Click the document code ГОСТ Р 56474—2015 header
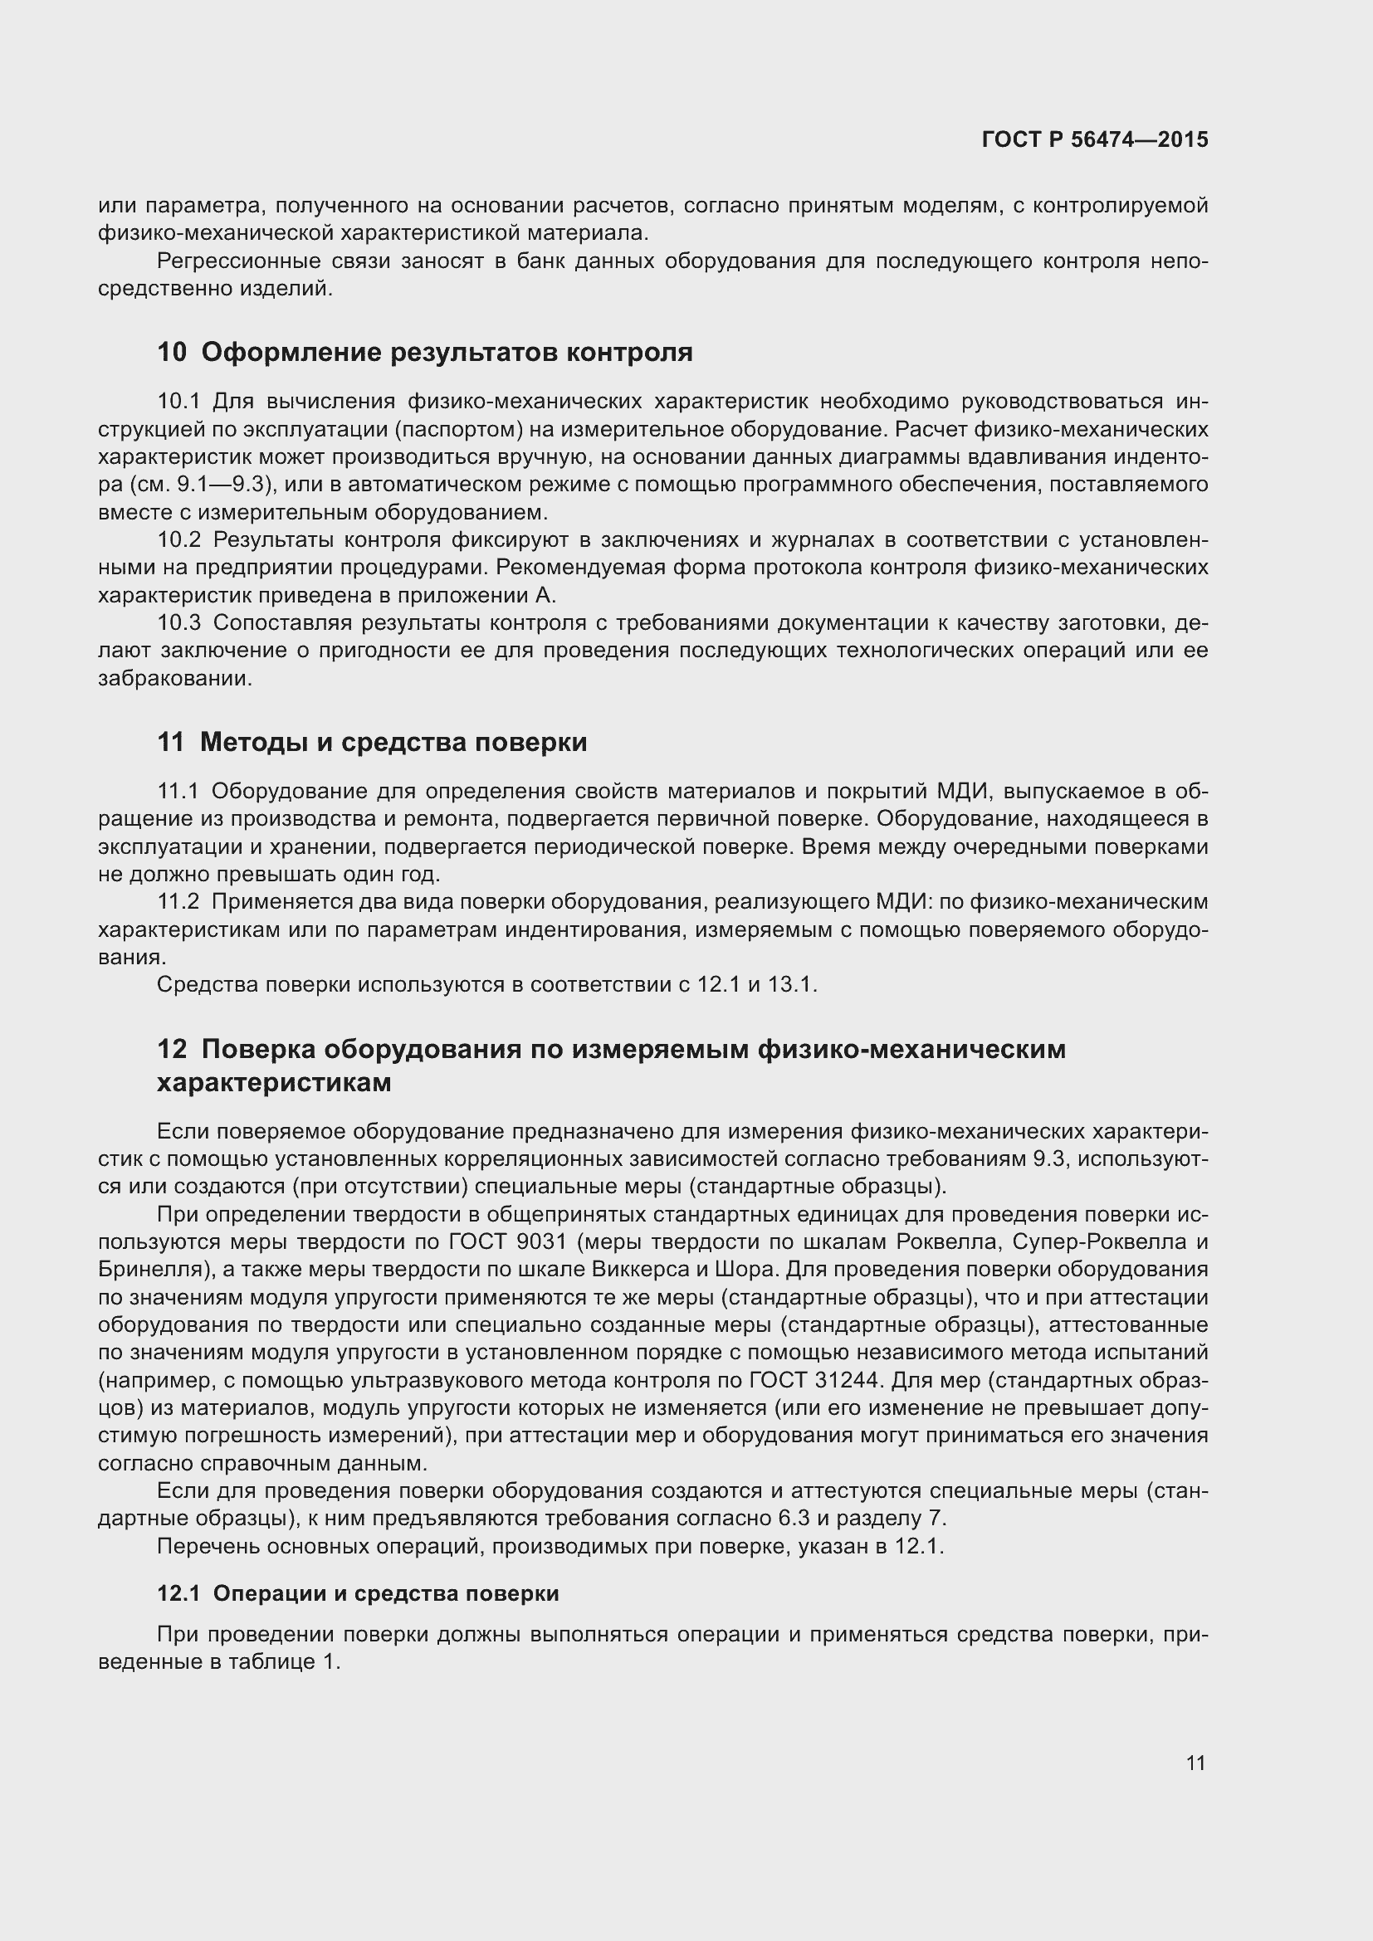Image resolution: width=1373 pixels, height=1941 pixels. (x=1095, y=139)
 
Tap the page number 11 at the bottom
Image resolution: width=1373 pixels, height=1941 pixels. (x=1195, y=1763)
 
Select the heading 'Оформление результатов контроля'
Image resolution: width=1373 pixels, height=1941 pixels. (x=447, y=352)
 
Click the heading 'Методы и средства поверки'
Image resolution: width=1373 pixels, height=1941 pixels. (x=393, y=742)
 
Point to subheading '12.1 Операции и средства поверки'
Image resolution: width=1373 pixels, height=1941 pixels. (x=358, y=1593)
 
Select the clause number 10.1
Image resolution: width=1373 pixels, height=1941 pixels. (x=178, y=402)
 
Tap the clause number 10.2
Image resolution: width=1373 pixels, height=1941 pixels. (x=179, y=539)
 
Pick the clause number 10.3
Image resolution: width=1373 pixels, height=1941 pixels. (x=179, y=623)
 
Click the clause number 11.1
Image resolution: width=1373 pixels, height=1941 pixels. (x=178, y=792)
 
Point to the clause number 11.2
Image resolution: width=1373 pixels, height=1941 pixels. (x=178, y=902)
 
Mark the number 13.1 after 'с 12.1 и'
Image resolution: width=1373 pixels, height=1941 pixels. (x=790, y=985)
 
